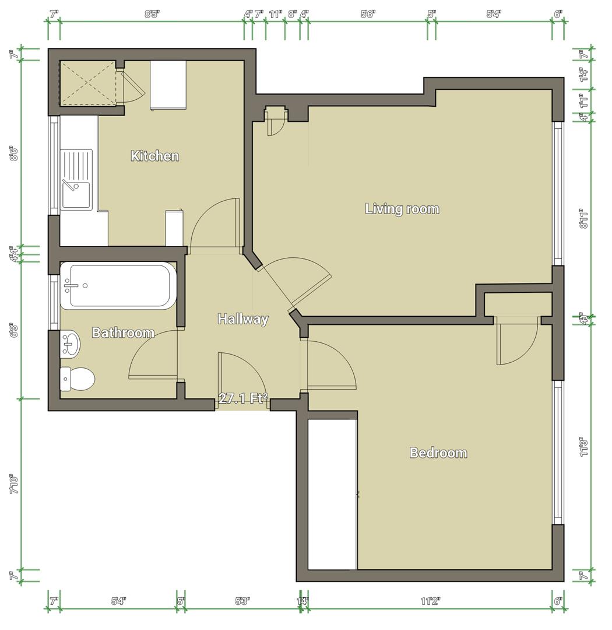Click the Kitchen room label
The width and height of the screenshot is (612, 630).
pyautogui.click(x=154, y=156)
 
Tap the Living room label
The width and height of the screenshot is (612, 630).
pyautogui.click(x=402, y=209)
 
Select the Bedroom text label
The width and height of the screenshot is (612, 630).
pyautogui.click(x=438, y=453)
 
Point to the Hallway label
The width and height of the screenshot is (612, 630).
pyautogui.click(x=242, y=319)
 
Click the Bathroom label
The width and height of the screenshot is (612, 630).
pyautogui.click(x=123, y=333)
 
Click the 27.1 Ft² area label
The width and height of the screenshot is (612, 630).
pyautogui.click(x=243, y=398)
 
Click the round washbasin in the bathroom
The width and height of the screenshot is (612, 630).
pyautogui.click(x=71, y=344)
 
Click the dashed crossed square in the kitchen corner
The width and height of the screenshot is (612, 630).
pyautogui.click(x=88, y=84)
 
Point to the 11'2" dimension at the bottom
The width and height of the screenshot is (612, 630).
pyautogui.click(x=430, y=601)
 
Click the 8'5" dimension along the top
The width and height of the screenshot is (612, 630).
pyautogui.click(x=152, y=14)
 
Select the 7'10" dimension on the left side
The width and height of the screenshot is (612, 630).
pyautogui.click(x=15, y=484)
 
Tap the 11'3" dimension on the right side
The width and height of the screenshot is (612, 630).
pyautogui.click(x=585, y=447)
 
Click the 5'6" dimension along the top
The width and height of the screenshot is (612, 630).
pyautogui.click(x=368, y=14)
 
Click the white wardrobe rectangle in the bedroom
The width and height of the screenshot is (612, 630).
pyautogui.click(x=332, y=494)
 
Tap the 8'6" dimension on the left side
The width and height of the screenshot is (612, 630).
pyautogui.click(x=15, y=153)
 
